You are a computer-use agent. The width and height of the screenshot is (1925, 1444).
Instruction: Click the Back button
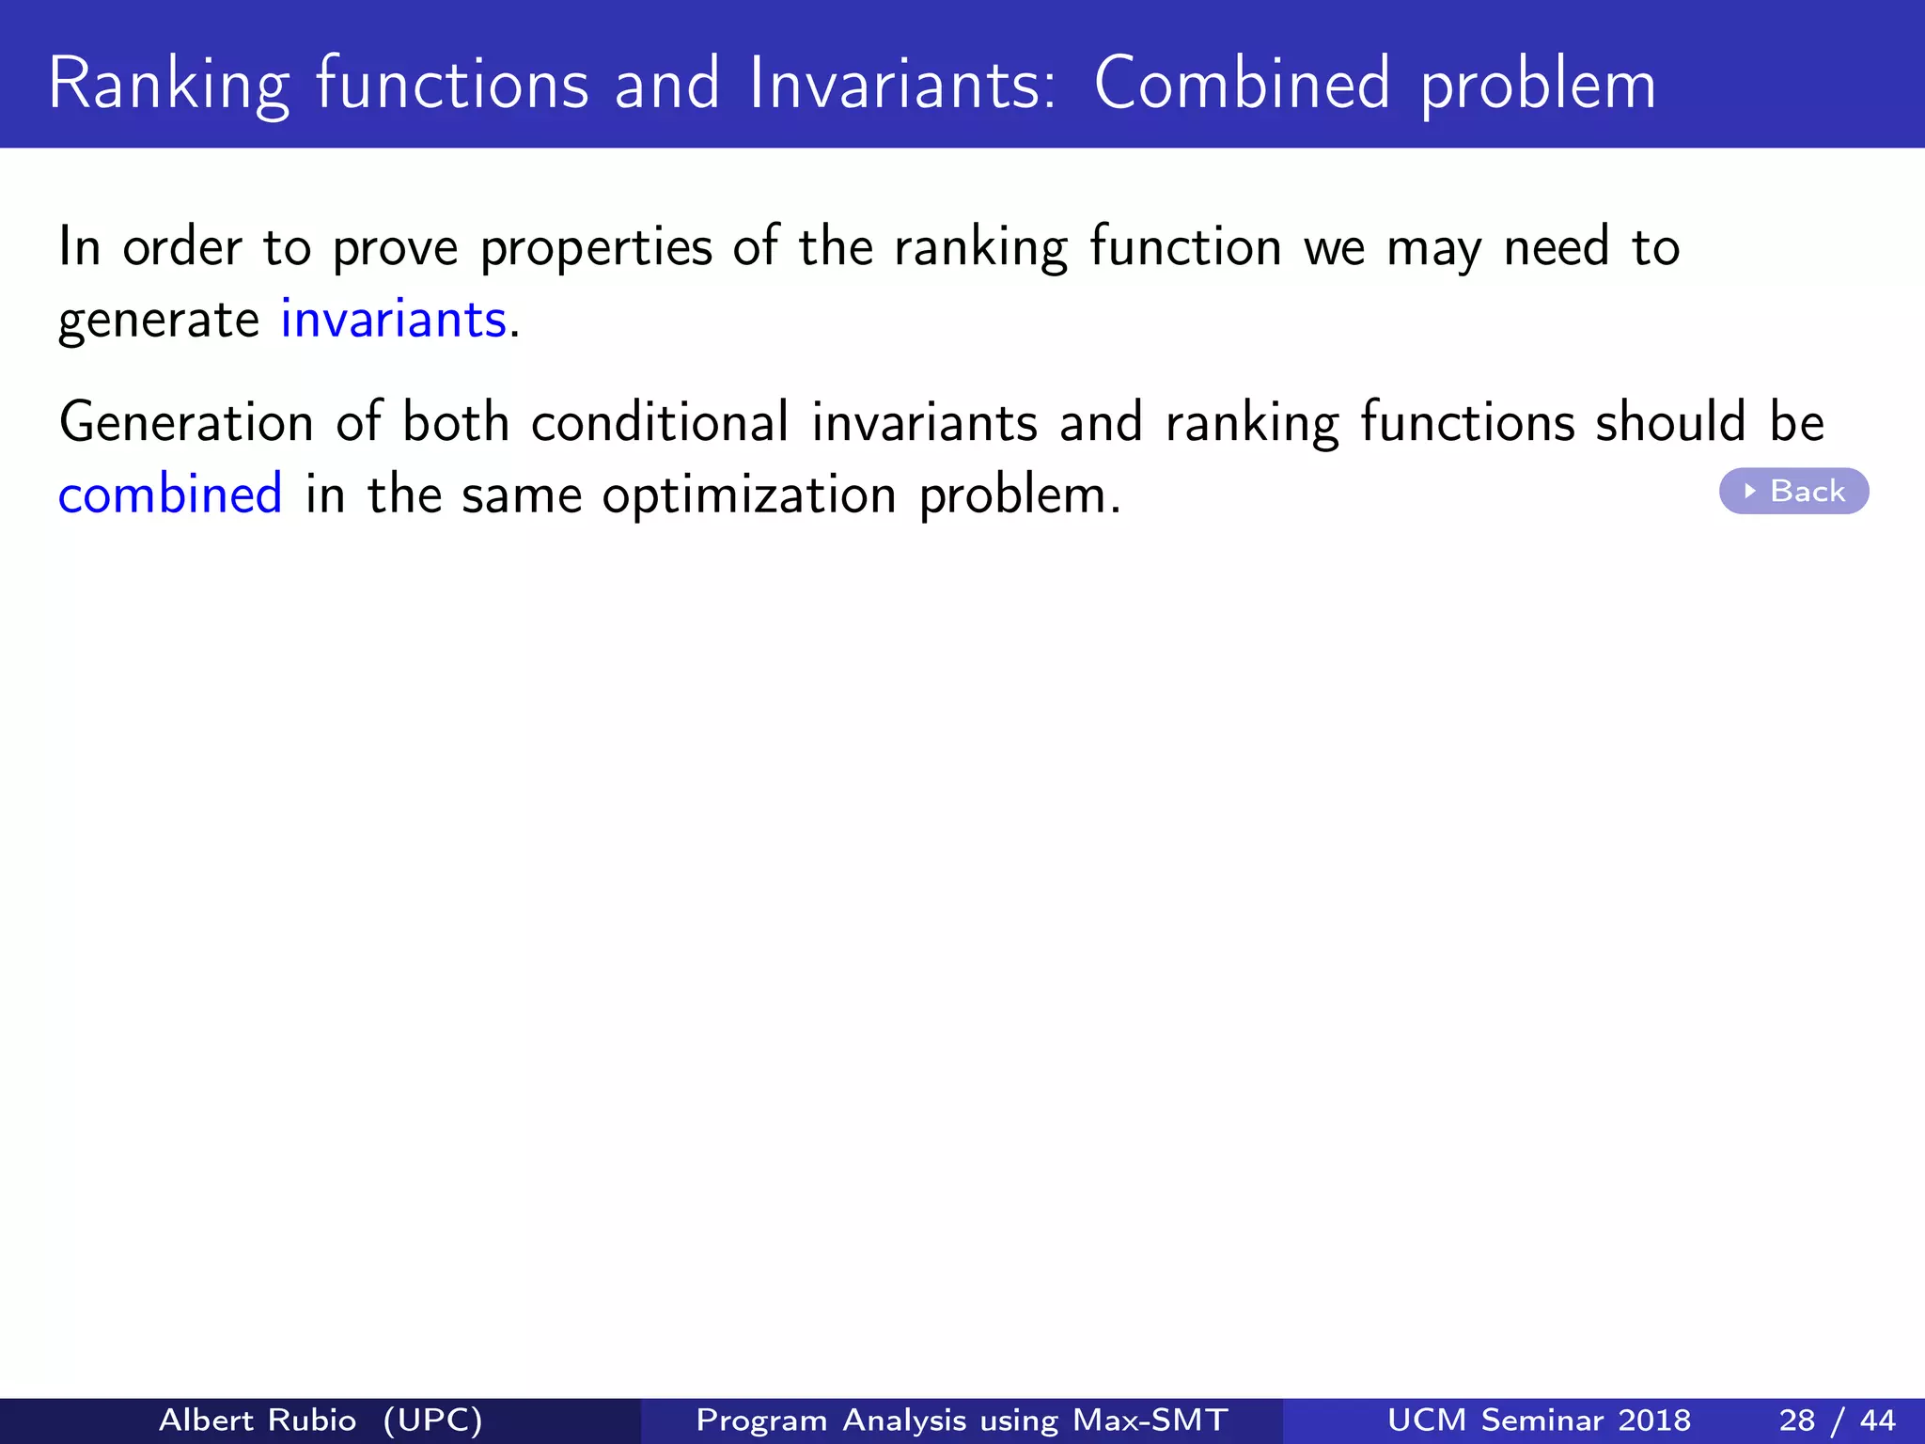[1793, 491]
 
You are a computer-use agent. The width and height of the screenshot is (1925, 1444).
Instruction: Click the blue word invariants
[394, 320]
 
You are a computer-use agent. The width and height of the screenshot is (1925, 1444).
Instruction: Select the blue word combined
[170, 494]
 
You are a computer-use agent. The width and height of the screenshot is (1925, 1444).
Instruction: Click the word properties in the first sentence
[596, 248]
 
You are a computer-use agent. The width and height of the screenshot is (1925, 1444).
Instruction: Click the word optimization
[749, 495]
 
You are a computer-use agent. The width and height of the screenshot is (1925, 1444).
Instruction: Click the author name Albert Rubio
[258, 1420]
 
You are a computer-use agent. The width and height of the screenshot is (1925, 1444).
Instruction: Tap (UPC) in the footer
[433, 1420]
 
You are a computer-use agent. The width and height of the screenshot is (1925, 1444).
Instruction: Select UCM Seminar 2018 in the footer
[1539, 1420]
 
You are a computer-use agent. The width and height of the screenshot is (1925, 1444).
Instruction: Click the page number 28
[1796, 1420]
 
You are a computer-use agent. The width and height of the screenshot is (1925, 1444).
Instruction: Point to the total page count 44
[1877, 1420]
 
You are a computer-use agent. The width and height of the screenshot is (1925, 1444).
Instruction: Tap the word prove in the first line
[396, 248]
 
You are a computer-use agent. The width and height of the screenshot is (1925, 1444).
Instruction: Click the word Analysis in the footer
[904, 1420]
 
